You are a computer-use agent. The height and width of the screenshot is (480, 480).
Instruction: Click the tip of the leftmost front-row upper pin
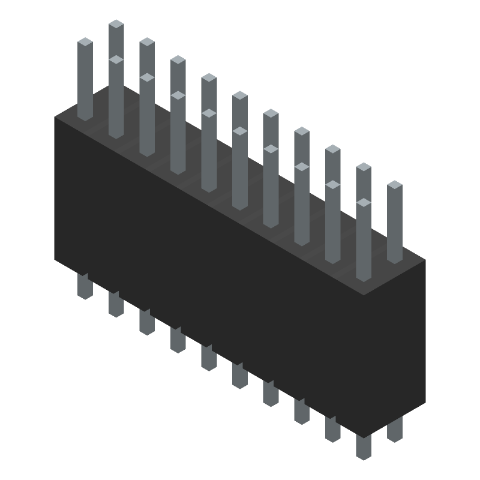coord(85,42)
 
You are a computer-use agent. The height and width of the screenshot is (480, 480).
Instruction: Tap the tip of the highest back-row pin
coord(116,24)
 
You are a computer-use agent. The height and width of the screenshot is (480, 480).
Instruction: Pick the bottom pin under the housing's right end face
coord(394,430)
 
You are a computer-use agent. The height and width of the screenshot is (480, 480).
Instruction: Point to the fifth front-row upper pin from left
coord(209,150)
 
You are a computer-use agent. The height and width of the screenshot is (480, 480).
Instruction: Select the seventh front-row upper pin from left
coord(271,186)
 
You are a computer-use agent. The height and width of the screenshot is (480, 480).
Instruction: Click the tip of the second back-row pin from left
coord(147,42)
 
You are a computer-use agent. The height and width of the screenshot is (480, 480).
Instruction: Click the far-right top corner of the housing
coord(425,260)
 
